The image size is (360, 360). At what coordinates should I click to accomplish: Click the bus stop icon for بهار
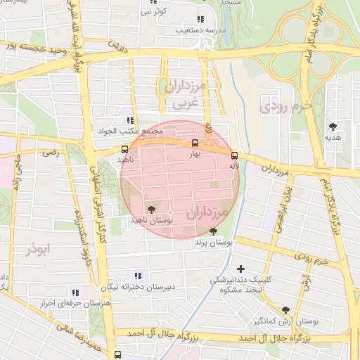click(x=195, y=143)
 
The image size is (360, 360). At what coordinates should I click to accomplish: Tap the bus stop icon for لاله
click(x=234, y=156)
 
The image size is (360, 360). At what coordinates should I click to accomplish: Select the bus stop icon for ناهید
click(x=124, y=149)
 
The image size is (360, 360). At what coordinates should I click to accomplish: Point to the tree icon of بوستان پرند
click(x=213, y=231)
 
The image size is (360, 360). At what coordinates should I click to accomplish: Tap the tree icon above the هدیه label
click(x=333, y=127)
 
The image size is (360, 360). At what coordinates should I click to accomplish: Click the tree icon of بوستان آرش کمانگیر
click(x=285, y=309)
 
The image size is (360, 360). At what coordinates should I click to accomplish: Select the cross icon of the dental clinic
click(x=241, y=269)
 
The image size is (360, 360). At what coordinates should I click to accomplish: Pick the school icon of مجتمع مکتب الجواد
click(x=130, y=121)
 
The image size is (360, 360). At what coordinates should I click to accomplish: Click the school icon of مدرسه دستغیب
click(x=200, y=20)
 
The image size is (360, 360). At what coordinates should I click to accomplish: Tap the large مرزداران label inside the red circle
click(x=210, y=212)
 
